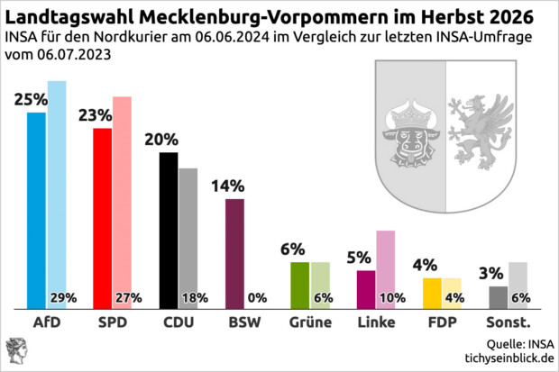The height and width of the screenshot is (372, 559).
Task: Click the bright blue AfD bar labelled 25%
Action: click(x=36, y=209)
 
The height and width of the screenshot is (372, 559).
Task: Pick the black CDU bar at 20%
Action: click(x=168, y=229)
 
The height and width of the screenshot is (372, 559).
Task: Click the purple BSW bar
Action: click(x=234, y=252)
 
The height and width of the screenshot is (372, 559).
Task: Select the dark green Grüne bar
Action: click(x=299, y=284)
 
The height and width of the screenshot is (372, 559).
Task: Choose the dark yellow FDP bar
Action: click(x=431, y=292)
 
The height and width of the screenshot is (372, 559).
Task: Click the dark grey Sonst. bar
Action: click(x=498, y=296)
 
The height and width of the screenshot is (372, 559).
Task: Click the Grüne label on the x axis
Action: click(x=310, y=322)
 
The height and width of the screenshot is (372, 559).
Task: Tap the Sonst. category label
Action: click(x=508, y=322)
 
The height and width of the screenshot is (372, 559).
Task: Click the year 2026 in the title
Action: click(x=509, y=17)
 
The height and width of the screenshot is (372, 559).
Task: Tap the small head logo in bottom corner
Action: click(x=16, y=350)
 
